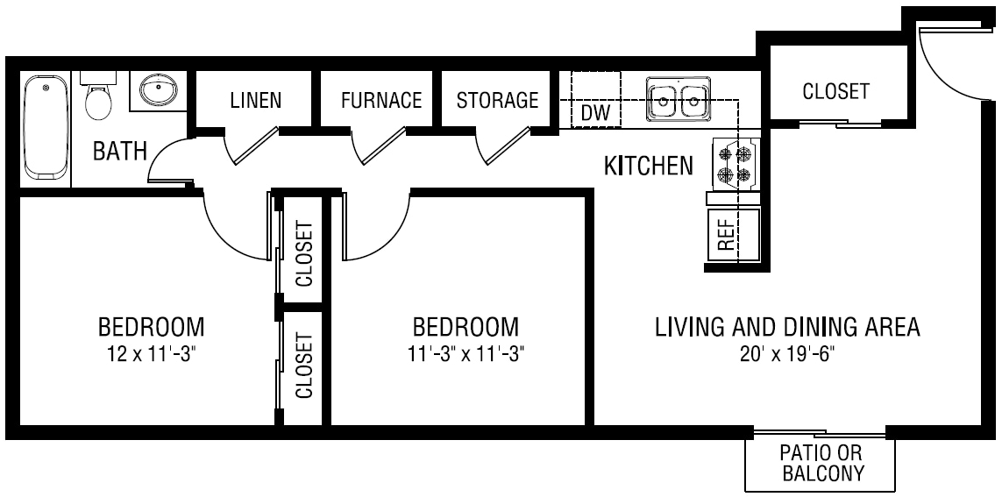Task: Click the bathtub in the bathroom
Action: point(44,128)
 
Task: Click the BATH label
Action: point(120,152)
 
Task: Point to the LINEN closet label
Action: point(255,100)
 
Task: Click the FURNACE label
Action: point(381,100)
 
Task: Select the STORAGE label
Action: point(497,100)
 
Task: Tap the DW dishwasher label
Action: point(595,113)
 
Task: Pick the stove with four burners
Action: point(735,165)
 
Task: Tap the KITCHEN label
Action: point(648,166)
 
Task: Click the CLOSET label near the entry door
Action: point(835,91)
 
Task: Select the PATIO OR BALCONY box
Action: point(821,464)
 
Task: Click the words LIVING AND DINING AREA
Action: point(787,328)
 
